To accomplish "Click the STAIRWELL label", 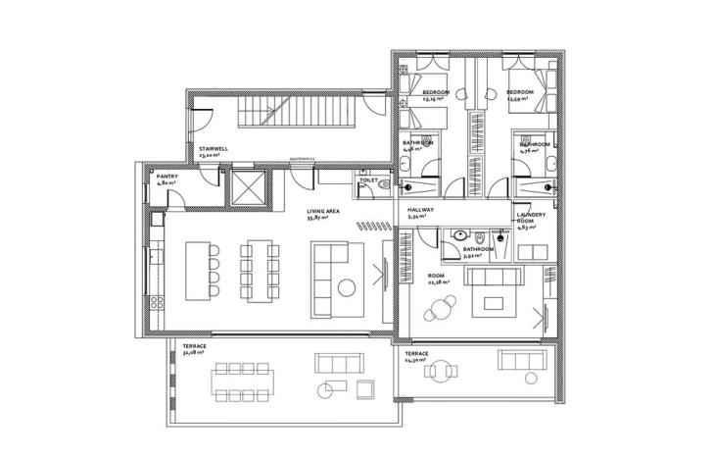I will point(214,150).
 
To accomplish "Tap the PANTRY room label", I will point(167,178).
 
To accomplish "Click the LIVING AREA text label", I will point(323,211).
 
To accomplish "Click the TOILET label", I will point(368,181).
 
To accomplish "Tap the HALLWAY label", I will point(419,211).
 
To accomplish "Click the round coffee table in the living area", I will point(347,287).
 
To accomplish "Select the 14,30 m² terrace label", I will point(416,356).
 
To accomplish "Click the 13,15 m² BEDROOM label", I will point(435,94).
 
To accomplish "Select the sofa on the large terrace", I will point(332,364).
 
